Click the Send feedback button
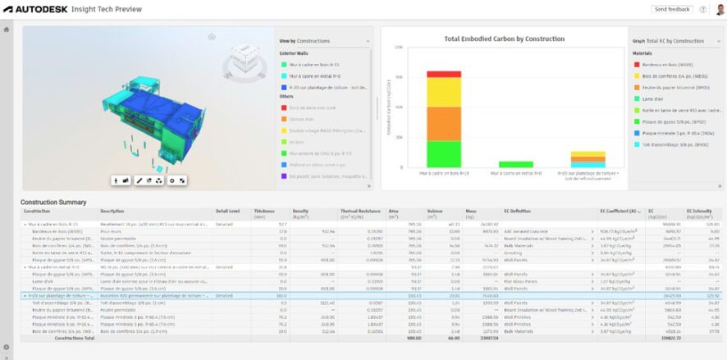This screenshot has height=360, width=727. point(672,9)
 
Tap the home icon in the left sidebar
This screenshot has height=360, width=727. point(7,30)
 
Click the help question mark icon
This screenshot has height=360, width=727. point(703,9)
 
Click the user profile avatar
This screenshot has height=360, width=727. point(719,9)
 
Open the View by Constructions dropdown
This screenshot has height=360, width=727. point(324,40)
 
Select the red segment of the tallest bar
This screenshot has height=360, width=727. point(443,75)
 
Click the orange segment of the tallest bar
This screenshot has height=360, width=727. point(443,119)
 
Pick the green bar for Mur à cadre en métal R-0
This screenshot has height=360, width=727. point(516,164)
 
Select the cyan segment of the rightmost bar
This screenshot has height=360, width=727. point(588,164)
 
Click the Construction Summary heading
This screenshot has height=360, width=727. point(53,202)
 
